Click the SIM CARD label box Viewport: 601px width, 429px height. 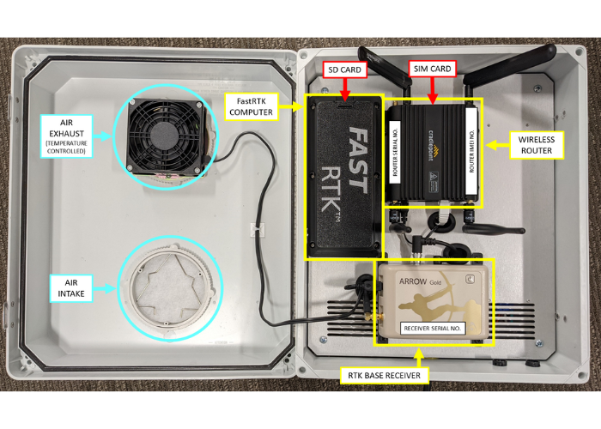(x=430, y=67)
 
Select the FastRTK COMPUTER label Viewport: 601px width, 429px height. (x=249, y=106)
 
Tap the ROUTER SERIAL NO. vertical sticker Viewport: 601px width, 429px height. (x=397, y=151)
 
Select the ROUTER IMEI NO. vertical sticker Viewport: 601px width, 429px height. (x=470, y=151)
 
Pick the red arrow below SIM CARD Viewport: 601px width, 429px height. (x=430, y=87)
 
